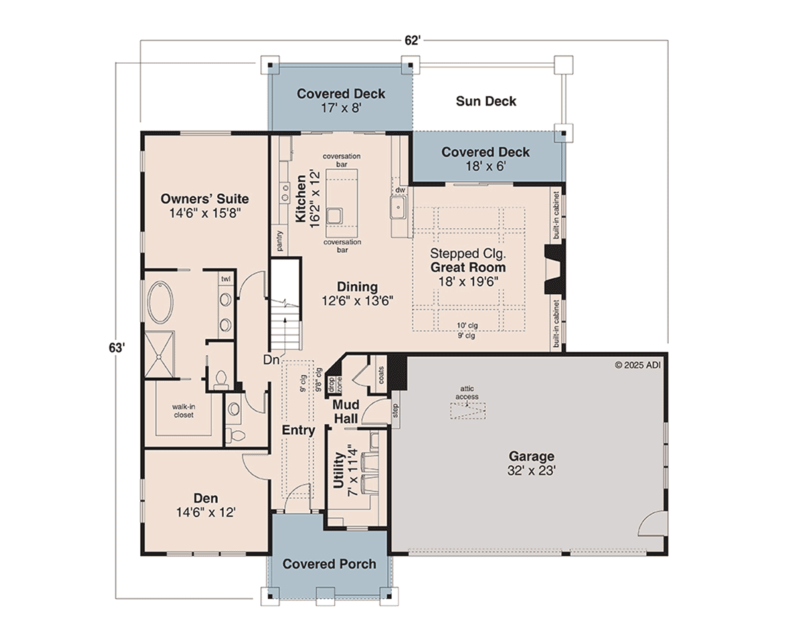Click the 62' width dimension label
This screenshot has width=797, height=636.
[x=412, y=40]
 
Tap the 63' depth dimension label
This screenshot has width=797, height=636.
[x=117, y=348]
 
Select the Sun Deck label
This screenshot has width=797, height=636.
[x=486, y=101]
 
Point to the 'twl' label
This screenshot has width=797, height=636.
[x=226, y=279]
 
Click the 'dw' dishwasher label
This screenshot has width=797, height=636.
[x=400, y=190]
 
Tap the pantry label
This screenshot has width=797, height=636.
[x=280, y=241]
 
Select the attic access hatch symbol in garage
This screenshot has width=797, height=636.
[x=468, y=410]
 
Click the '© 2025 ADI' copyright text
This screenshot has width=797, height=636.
[x=638, y=365]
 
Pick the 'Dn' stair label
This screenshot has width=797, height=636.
[x=271, y=359]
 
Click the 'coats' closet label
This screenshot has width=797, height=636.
[x=381, y=375]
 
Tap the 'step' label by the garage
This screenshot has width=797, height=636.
[x=395, y=410]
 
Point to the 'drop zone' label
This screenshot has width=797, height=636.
[x=335, y=384]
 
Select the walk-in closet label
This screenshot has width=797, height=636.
[x=183, y=411]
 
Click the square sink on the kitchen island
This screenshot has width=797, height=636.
[x=335, y=216]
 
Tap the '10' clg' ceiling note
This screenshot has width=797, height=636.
[x=467, y=325]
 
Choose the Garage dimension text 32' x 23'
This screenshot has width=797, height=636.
[x=531, y=471]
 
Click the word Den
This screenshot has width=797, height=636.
[x=206, y=498]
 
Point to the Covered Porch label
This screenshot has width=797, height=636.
[x=329, y=564]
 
